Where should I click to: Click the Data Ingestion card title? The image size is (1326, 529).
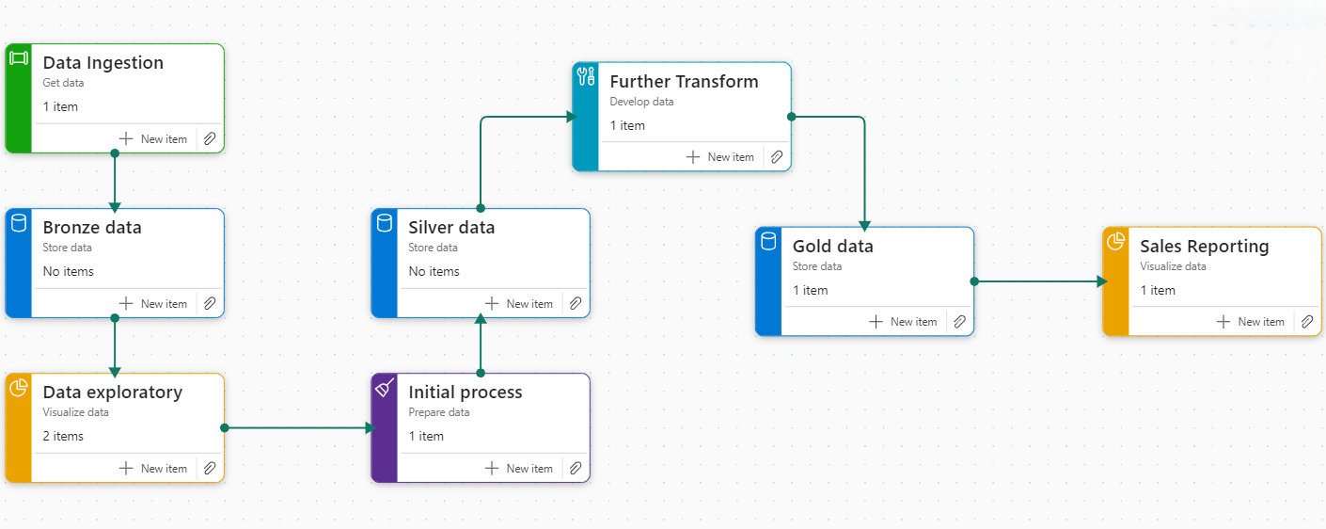click(x=103, y=63)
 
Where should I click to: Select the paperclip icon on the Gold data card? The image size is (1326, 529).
click(x=959, y=322)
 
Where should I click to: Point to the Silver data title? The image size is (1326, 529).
click(x=451, y=228)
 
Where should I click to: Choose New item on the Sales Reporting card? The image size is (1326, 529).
click(x=1250, y=322)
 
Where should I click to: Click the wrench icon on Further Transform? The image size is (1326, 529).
click(x=585, y=76)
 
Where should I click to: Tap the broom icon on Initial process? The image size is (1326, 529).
click(x=385, y=387)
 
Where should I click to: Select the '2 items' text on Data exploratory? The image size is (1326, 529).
click(x=63, y=436)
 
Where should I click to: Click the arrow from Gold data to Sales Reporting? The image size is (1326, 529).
click(x=1039, y=281)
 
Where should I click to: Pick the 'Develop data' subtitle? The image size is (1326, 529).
click(x=641, y=102)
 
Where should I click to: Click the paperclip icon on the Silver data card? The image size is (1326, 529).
click(x=576, y=304)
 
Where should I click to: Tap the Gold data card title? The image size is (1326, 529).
click(x=832, y=247)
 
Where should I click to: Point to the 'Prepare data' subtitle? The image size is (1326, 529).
click(x=438, y=412)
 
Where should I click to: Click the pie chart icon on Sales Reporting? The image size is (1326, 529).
click(x=1115, y=242)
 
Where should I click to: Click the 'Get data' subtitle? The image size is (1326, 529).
click(x=63, y=83)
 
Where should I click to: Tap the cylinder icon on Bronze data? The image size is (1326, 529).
click(x=18, y=222)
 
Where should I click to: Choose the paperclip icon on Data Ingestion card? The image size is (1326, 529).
click(x=210, y=139)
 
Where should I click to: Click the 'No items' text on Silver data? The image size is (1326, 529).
click(x=434, y=271)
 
